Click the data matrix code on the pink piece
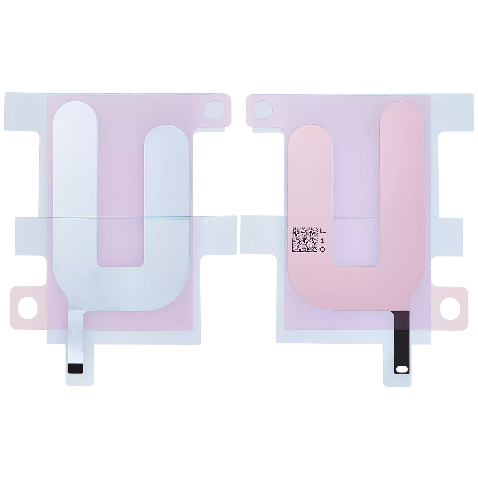click(x=305, y=240)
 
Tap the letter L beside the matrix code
click(x=323, y=231)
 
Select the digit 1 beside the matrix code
click(x=323, y=240)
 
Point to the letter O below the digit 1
click(x=323, y=249)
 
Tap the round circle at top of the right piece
click(x=263, y=110)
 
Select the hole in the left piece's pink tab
click(x=28, y=308)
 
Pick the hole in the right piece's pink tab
click(x=450, y=308)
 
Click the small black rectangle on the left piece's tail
click(x=75, y=368)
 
